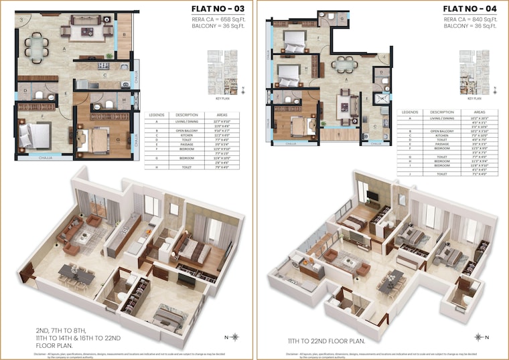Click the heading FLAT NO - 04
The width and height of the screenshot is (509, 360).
pyautogui.click(x=469, y=9)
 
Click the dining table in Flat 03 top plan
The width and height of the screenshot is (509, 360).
pyautogui.click(x=34, y=48)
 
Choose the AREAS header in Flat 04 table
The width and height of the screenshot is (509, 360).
pyautogui.click(x=480, y=112)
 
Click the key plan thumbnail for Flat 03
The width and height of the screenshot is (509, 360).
pyautogui.click(x=223, y=68)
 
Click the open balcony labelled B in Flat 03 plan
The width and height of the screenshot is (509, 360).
pyautogui.click(x=125, y=28)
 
